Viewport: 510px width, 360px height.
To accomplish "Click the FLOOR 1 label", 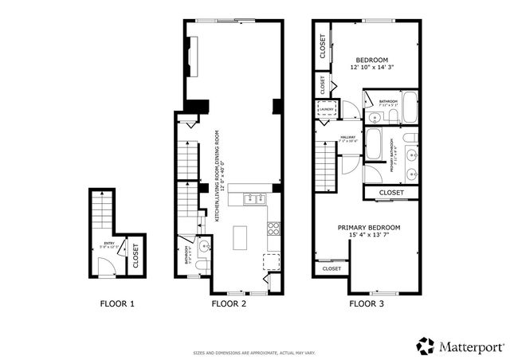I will (x=117, y=303).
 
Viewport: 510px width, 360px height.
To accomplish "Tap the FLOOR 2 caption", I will (x=229, y=303).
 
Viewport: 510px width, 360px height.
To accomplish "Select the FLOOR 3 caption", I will (x=367, y=303).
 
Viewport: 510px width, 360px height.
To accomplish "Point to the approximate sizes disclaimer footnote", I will (x=254, y=352).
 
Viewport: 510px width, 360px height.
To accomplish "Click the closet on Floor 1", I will (x=135, y=256).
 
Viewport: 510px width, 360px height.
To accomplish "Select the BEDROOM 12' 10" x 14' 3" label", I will (x=371, y=65).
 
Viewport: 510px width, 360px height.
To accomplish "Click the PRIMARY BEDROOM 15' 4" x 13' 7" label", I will (x=368, y=232).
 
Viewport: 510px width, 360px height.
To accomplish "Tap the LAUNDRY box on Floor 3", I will (x=327, y=110).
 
